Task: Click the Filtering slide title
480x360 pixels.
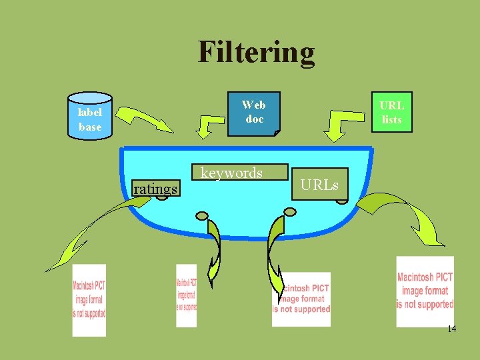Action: click(256, 52)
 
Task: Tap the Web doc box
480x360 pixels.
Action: click(253, 112)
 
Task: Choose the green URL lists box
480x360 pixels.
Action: click(391, 112)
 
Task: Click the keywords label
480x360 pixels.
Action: click(231, 173)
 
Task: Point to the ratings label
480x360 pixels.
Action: click(155, 189)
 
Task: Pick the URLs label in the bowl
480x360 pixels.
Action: click(319, 185)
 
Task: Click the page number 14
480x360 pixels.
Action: click(451, 329)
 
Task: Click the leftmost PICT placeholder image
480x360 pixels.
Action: click(89, 300)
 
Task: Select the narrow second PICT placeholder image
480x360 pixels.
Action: click(186, 296)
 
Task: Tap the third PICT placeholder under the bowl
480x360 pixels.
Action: click(301, 299)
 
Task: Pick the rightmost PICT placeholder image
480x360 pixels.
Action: click(425, 291)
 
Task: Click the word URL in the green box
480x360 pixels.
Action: click(391, 105)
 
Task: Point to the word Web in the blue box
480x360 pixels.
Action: click(253, 105)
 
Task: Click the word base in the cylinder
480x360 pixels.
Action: click(90, 127)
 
